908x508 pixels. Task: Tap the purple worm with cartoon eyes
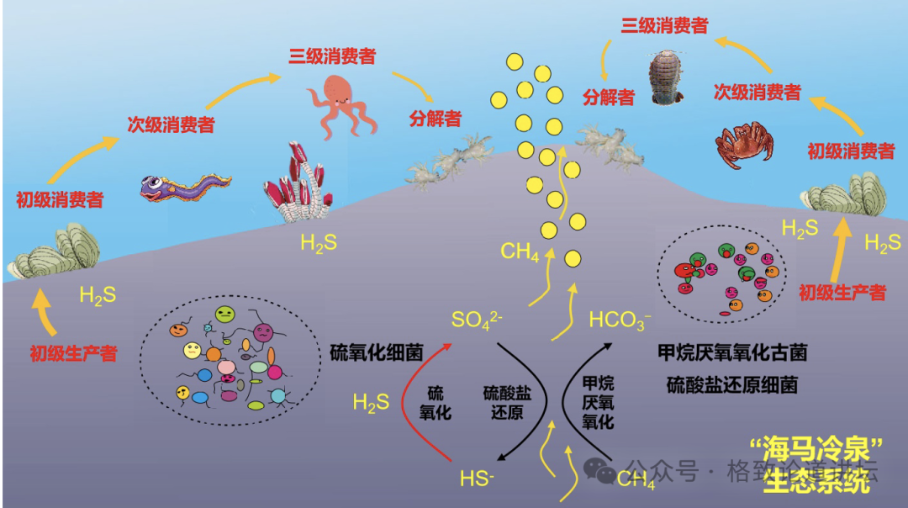183,188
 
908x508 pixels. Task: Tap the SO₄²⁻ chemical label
477,320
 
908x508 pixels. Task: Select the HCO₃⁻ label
620,320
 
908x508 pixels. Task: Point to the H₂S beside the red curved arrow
371,403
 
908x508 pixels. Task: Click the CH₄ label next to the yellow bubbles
520,251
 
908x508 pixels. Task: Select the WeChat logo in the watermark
600,470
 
